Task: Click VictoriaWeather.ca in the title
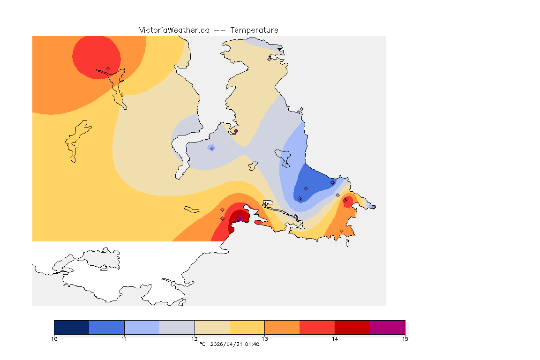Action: (174, 30)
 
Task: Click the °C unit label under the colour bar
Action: (202, 344)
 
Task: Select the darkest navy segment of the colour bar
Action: (72, 327)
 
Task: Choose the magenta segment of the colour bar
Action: (387, 327)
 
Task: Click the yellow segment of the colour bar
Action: (247, 327)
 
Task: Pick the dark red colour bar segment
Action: (352, 327)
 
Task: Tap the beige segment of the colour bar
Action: (212, 327)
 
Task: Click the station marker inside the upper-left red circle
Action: (108, 68)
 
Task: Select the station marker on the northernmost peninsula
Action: (269, 59)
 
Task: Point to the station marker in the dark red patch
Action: (238, 218)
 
